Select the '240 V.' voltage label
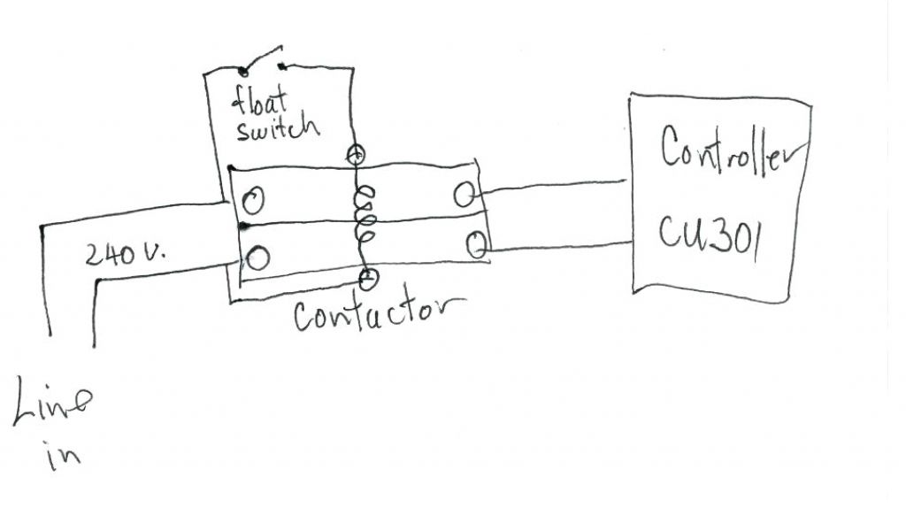click(129, 256)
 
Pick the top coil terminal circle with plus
click(357, 154)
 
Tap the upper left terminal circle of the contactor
click(254, 202)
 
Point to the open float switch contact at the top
click(262, 60)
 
